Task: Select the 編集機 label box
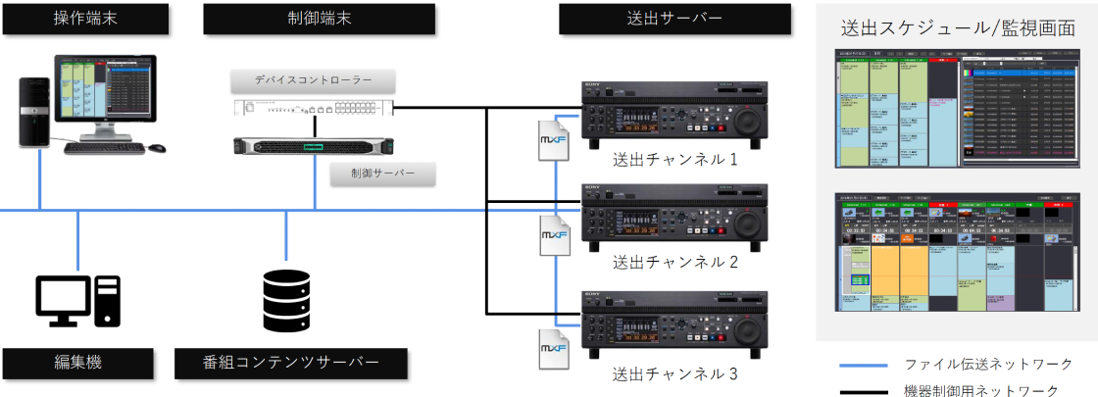77,362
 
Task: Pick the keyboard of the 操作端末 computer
104,147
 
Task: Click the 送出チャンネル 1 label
674,160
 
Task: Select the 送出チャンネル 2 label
674,263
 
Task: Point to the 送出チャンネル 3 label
674,372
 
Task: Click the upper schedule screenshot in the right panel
957,111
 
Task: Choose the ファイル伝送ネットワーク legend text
987,364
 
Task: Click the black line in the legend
865,391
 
